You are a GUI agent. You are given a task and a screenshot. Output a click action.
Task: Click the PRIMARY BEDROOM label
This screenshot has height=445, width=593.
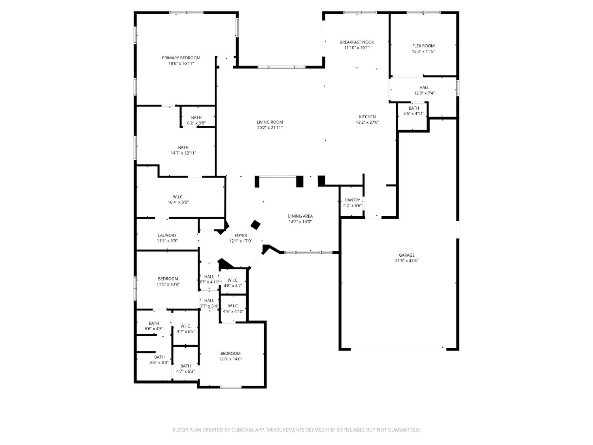(x=181, y=58)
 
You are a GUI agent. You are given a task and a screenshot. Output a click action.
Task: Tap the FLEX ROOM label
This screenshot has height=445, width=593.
(x=423, y=46)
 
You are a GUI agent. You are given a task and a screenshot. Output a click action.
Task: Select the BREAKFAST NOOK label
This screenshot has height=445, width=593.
(x=357, y=42)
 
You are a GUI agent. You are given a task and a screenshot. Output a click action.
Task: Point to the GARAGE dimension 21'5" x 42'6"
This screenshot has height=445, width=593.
(x=406, y=261)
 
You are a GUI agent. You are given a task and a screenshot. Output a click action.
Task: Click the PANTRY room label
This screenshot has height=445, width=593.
(x=352, y=200)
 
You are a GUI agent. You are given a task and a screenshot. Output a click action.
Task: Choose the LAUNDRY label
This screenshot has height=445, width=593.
(x=167, y=235)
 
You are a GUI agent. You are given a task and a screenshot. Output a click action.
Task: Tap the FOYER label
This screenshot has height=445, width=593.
(x=240, y=235)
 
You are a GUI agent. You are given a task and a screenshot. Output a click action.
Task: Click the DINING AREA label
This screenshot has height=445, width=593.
(x=300, y=216)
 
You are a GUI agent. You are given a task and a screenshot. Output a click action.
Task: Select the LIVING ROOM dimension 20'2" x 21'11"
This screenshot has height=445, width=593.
(x=270, y=128)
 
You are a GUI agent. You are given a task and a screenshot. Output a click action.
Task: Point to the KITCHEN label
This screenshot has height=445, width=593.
(x=367, y=117)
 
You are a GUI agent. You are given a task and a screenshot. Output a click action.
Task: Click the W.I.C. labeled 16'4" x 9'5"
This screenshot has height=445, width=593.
(x=178, y=199)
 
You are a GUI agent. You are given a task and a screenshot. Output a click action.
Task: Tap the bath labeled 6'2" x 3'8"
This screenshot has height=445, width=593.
(x=196, y=120)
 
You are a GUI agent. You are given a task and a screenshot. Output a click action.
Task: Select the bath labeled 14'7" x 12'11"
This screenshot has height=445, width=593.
(x=183, y=150)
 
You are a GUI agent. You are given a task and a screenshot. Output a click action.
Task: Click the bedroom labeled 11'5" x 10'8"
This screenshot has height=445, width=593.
(x=168, y=281)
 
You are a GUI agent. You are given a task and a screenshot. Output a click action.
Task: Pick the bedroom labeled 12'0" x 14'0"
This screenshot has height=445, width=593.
(x=230, y=356)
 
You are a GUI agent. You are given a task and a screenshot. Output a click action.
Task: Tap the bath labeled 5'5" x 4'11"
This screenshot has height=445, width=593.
(x=414, y=111)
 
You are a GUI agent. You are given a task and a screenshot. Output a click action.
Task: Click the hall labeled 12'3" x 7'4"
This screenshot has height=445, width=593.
(x=424, y=90)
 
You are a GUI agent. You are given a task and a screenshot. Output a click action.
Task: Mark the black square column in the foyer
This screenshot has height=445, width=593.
(x=256, y=225)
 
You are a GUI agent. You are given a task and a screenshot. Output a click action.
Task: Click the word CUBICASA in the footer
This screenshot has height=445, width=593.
(x=242, y=430)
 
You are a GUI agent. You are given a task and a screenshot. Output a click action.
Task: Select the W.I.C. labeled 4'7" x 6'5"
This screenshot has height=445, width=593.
(x=186, y=329)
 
